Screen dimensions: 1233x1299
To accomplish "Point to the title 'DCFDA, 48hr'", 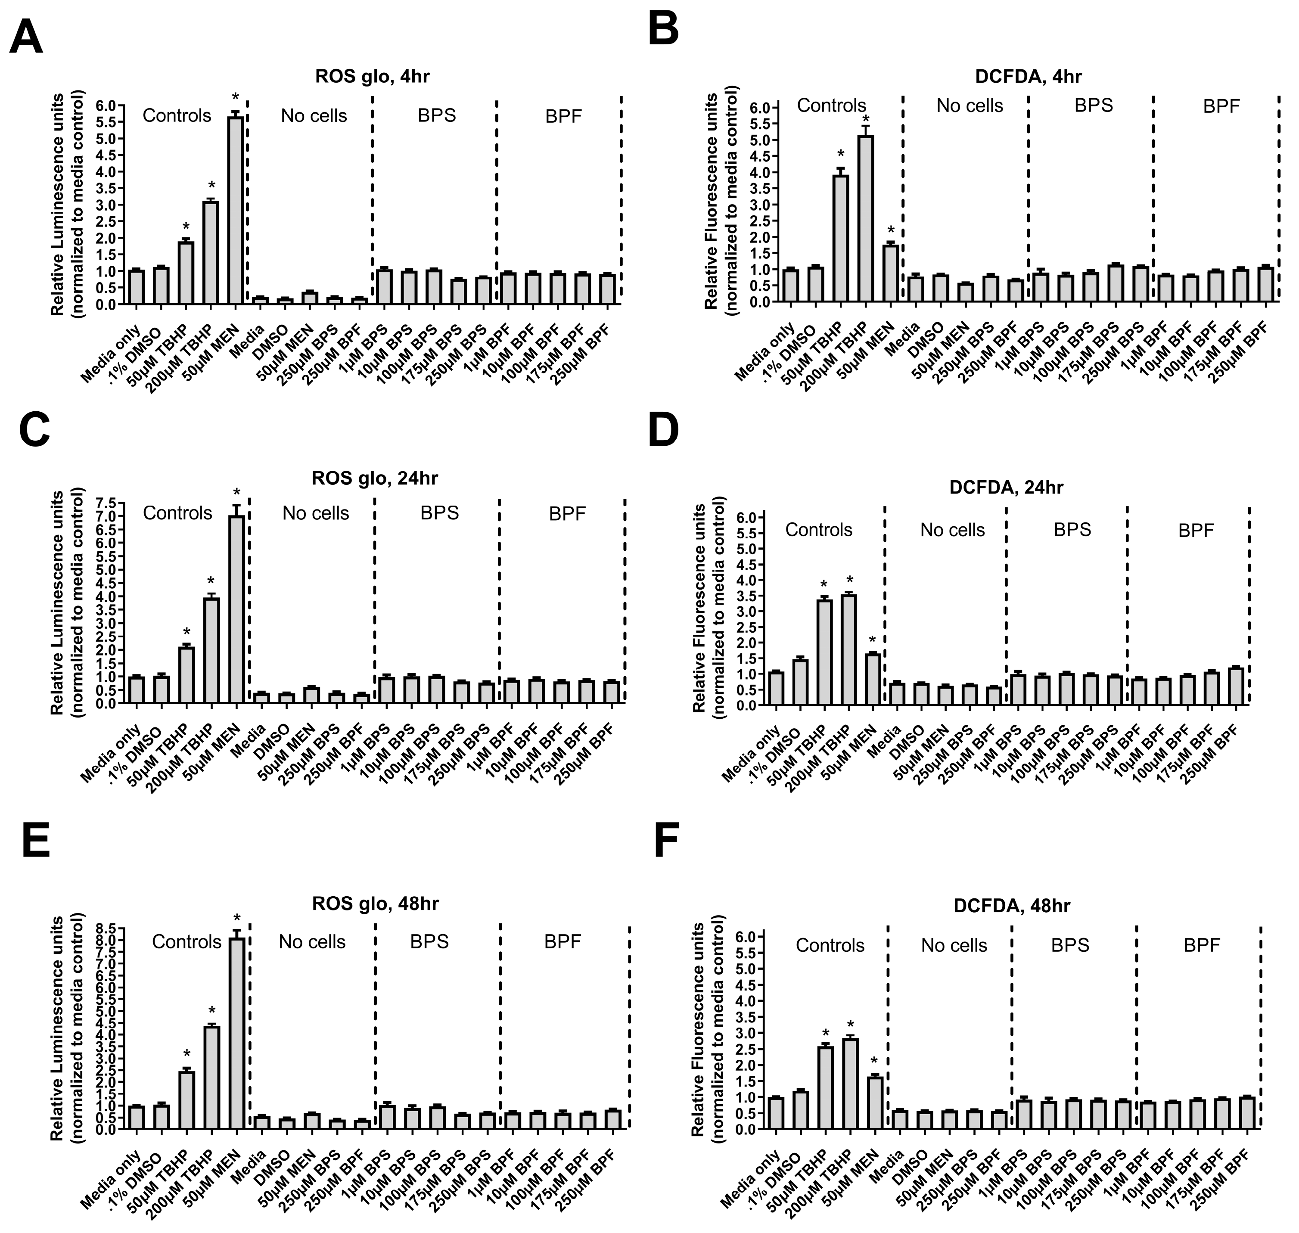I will (x=1011, y=906).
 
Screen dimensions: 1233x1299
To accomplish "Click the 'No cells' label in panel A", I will (x=314, y=116).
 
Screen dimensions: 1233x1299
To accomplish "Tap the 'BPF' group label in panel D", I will (x=1195, y=530).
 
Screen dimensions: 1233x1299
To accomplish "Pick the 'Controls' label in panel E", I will (x=186, y=942).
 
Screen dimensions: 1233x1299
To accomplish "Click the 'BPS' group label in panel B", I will (x=1093, y=106).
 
